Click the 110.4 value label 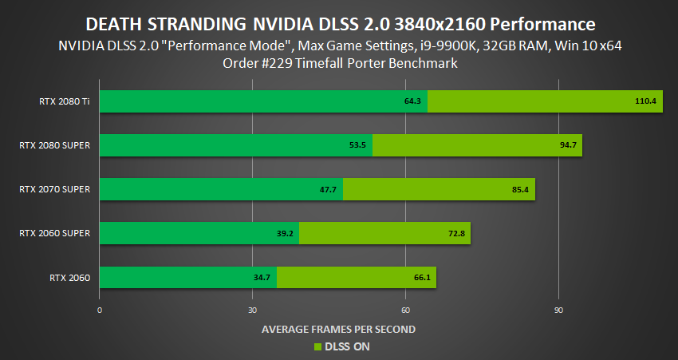coord(644,101)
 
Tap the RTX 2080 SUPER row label coord(54,145)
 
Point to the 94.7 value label coord(568,145)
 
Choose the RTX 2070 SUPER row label coord(54,189)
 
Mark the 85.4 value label coord(521,189)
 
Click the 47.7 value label coord(327,189)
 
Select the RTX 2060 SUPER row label coord(54,233)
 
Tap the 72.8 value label coord(456,233)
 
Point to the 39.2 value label coord(284,233)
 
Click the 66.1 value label coord(422,278)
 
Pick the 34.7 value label coord(262,278)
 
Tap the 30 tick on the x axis coord(252,310)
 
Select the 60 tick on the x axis coord(405,310)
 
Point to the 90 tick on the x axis coord(558,310)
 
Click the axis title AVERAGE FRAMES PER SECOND coord(338,329)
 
